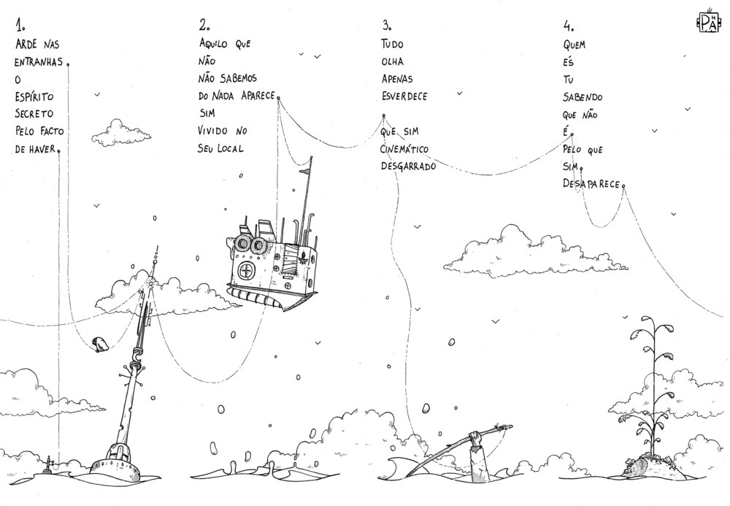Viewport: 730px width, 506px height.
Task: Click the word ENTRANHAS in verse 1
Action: [x=39, y=61]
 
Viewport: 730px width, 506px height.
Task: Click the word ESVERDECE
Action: [x=404, y=96]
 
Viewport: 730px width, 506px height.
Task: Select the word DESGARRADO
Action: [x=408, y=166]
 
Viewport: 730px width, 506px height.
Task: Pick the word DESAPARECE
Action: [x=591, y=185]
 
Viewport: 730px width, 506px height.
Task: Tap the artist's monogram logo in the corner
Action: [x=708, y=22]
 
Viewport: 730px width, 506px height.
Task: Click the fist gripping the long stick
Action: [x=476, y=438]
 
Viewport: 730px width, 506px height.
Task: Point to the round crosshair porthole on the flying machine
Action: [x=247, y=272]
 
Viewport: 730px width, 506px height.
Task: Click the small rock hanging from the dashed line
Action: [x=100, y=344]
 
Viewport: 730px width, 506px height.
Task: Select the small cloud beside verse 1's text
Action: [x=111, y=131]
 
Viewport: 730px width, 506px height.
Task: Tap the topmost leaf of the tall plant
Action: [x=647, y=321]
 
